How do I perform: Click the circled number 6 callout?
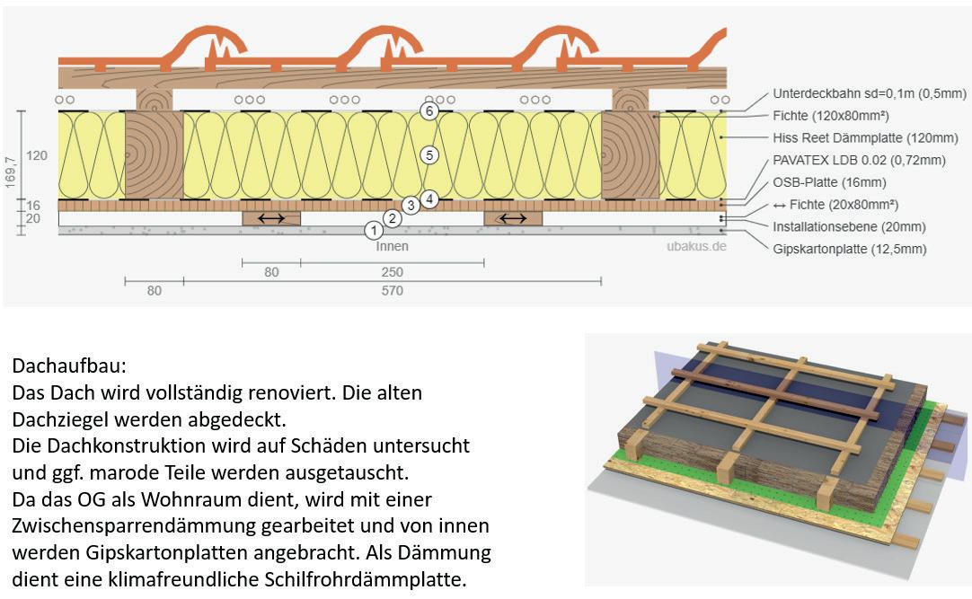429,111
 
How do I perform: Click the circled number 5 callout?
429,155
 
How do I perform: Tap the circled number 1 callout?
373,230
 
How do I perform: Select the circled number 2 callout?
391,217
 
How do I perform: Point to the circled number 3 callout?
411,206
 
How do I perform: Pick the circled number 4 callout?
429,198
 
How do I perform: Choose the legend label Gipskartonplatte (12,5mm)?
849,249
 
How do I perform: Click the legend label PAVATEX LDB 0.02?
859,161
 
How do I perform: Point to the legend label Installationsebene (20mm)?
849,226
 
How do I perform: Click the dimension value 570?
393,291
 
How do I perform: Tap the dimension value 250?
393,272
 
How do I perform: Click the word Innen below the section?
393,246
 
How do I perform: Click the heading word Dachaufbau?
69,367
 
